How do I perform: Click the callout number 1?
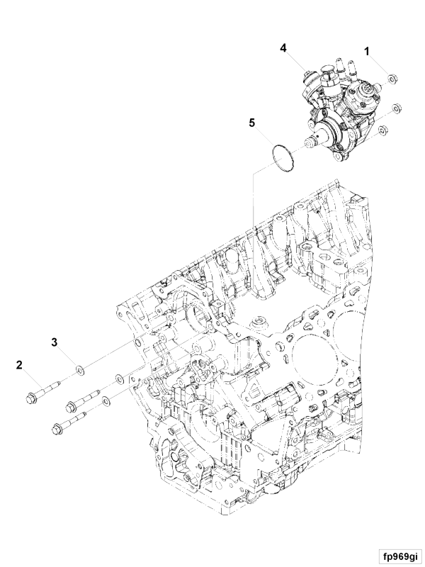coord(367,52)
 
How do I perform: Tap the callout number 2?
coord(19,364)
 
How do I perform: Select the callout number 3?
coord(55,342)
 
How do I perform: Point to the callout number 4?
coord(283,47)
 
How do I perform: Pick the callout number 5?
coord(252,123)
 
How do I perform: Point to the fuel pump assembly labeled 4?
coord(340,108)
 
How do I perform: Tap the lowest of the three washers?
coord(106,400)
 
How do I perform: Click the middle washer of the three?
coord(119,379)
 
